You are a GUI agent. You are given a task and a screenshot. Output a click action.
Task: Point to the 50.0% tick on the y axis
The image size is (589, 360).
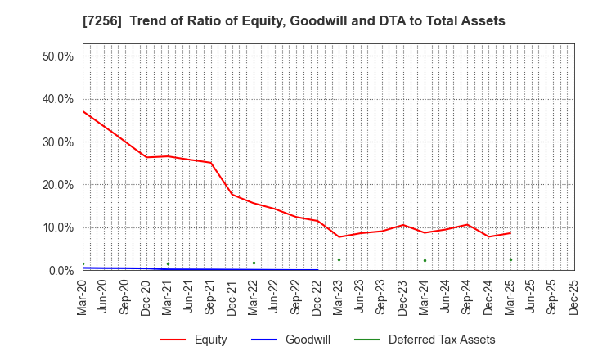pos(57,56)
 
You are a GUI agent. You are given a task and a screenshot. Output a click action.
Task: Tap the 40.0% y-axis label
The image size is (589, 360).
pos(57,99)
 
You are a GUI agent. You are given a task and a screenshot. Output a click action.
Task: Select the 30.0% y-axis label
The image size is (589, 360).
pos(57,142)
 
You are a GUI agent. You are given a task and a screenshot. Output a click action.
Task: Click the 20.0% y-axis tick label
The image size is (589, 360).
pos(57,185)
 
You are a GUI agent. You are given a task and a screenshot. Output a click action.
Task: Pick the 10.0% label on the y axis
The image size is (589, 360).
pos(57,227)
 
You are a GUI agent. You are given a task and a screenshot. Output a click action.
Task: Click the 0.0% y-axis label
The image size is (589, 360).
pos(61,271)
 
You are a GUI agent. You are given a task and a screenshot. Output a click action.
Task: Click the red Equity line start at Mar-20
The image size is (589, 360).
pos(83,111)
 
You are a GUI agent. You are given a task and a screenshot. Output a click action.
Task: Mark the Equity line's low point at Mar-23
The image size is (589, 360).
pos(339,237)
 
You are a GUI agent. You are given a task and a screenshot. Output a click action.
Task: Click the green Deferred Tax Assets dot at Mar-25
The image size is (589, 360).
pos(510,259)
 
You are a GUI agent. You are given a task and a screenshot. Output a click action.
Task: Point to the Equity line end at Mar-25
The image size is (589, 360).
pos(510,233)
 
